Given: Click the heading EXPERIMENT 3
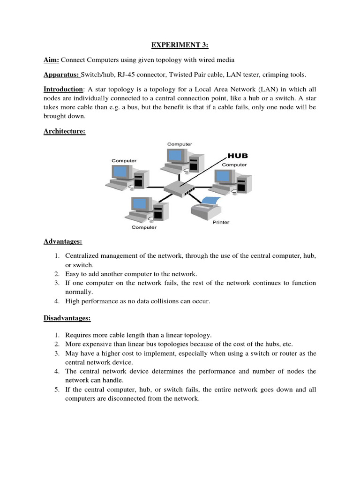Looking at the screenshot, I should click(x=180, y=45).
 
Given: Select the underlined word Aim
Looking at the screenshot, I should click(x=51, y=60).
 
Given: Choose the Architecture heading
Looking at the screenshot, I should click(x=64, y=131).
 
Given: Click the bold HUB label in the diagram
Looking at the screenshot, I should click(x=238, y=156).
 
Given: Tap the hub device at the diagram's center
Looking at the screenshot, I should click(x=179, y=188).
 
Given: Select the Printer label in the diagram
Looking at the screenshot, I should click(x=221, y=222).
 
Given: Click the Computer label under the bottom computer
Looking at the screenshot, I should click(x=144, y=227).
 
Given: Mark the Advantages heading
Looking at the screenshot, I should click(x=63, y=241).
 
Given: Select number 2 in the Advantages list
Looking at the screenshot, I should click(x=56, y=274).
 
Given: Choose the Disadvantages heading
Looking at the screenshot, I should click(x=67, y=318).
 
